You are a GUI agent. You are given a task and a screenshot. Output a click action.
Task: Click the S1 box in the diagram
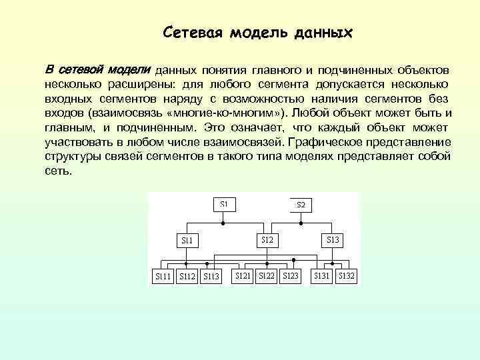point(224,203)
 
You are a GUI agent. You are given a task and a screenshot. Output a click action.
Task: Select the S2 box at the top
point(301,204)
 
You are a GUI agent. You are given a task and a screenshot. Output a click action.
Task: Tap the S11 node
point(187,239)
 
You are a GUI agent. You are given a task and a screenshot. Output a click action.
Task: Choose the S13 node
point(333,239)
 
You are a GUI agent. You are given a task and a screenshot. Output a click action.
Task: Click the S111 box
point(163,276)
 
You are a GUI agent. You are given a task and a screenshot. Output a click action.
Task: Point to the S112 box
point(187,276)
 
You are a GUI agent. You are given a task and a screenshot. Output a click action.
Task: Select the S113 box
point(211,276)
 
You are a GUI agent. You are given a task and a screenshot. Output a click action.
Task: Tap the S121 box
point(243,275)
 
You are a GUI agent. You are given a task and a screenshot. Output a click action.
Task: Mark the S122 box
point(267,275)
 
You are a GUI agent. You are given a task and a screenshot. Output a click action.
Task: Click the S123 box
point(291,275)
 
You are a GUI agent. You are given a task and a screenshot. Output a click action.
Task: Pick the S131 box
point(323,275)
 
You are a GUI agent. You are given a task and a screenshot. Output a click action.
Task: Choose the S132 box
point(346,275)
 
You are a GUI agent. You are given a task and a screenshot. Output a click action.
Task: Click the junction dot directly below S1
point(224,222)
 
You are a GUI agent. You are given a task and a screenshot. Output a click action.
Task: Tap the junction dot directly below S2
point(301,222)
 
